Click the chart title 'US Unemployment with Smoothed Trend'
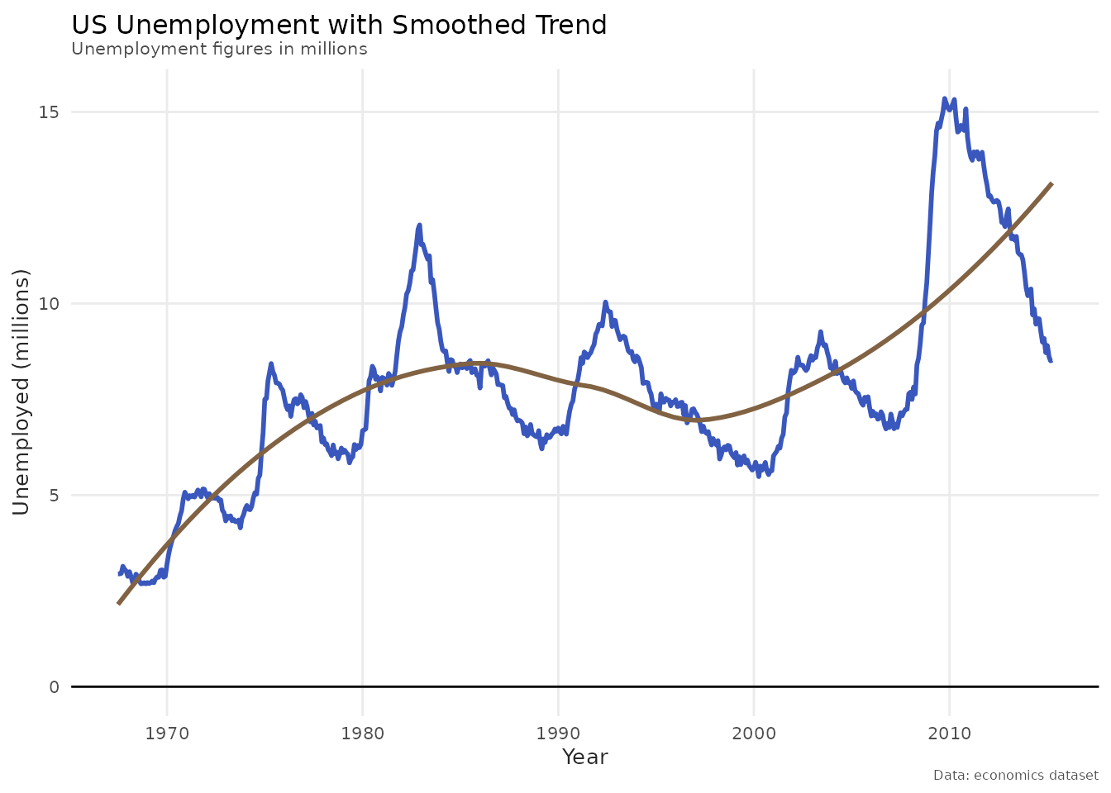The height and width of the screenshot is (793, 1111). (x=339, y=26)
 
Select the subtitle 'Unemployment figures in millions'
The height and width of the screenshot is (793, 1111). (x=219, y=49)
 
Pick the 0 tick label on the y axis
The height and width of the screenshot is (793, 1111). (x=55, y=686)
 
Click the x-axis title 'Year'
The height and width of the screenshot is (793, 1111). (x=584, y=757)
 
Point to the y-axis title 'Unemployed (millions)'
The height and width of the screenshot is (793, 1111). (x=21, y=392)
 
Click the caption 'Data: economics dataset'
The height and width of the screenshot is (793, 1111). (x=1016, y=776)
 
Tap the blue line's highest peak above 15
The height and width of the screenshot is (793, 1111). (x=944, y=98)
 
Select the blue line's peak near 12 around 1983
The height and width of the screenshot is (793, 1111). (x=420, y=225)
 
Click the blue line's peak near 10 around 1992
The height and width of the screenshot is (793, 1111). (x=605, y=302)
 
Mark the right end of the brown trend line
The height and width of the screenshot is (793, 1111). (x=1051, y=183)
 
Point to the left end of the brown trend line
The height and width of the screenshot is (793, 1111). (x=119, y=604)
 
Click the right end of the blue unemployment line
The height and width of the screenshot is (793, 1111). (x=1051, y=360)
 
